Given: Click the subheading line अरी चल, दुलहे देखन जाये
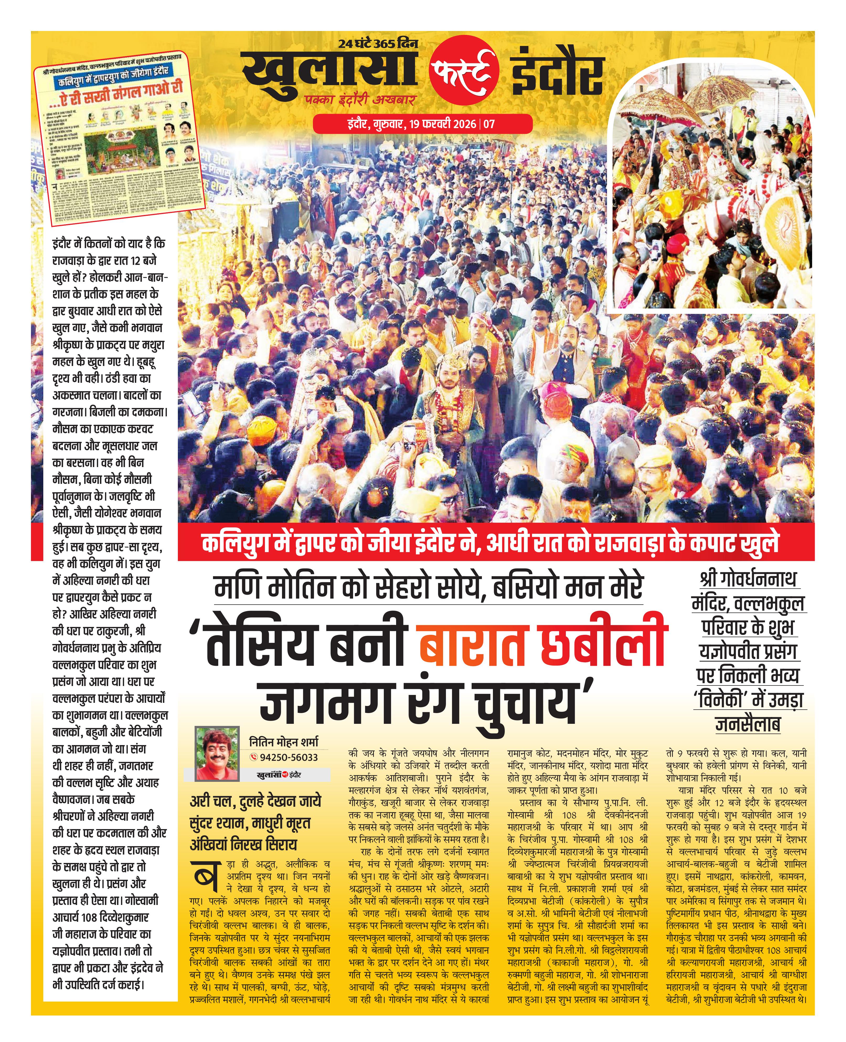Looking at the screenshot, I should pos(255,802).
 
